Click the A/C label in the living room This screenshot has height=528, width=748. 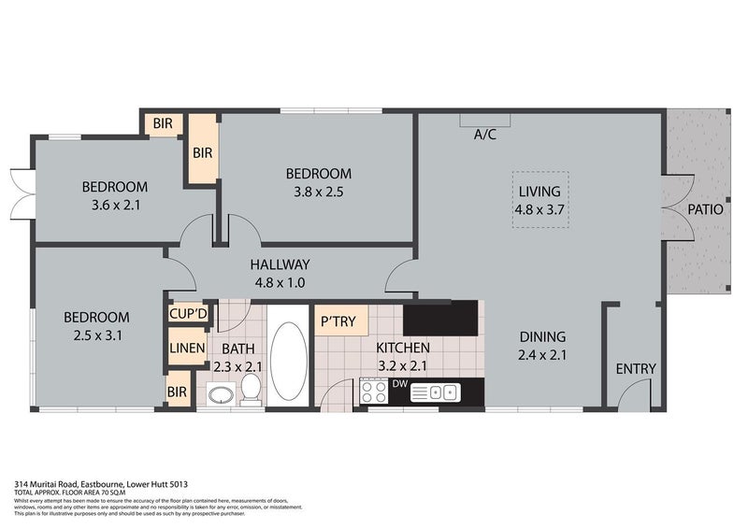pyautogui.click(x=484, y=135)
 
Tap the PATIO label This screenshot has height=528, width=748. pyautogui.click(x=705, y=209)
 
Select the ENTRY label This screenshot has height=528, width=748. pyautogui.click(x=636, y=368)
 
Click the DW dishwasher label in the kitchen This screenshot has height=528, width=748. pyautogui.click(x=398, y=383)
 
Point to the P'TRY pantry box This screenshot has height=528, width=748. pyautogui.click(x=338, y=321)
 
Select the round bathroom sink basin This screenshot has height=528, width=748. pyautogui.click(x=221, y=395)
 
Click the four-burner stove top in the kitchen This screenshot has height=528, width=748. pyautogui.click(x=375, y=392)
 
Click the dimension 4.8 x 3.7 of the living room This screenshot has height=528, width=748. pyautogui.click(x=540, y=210)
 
